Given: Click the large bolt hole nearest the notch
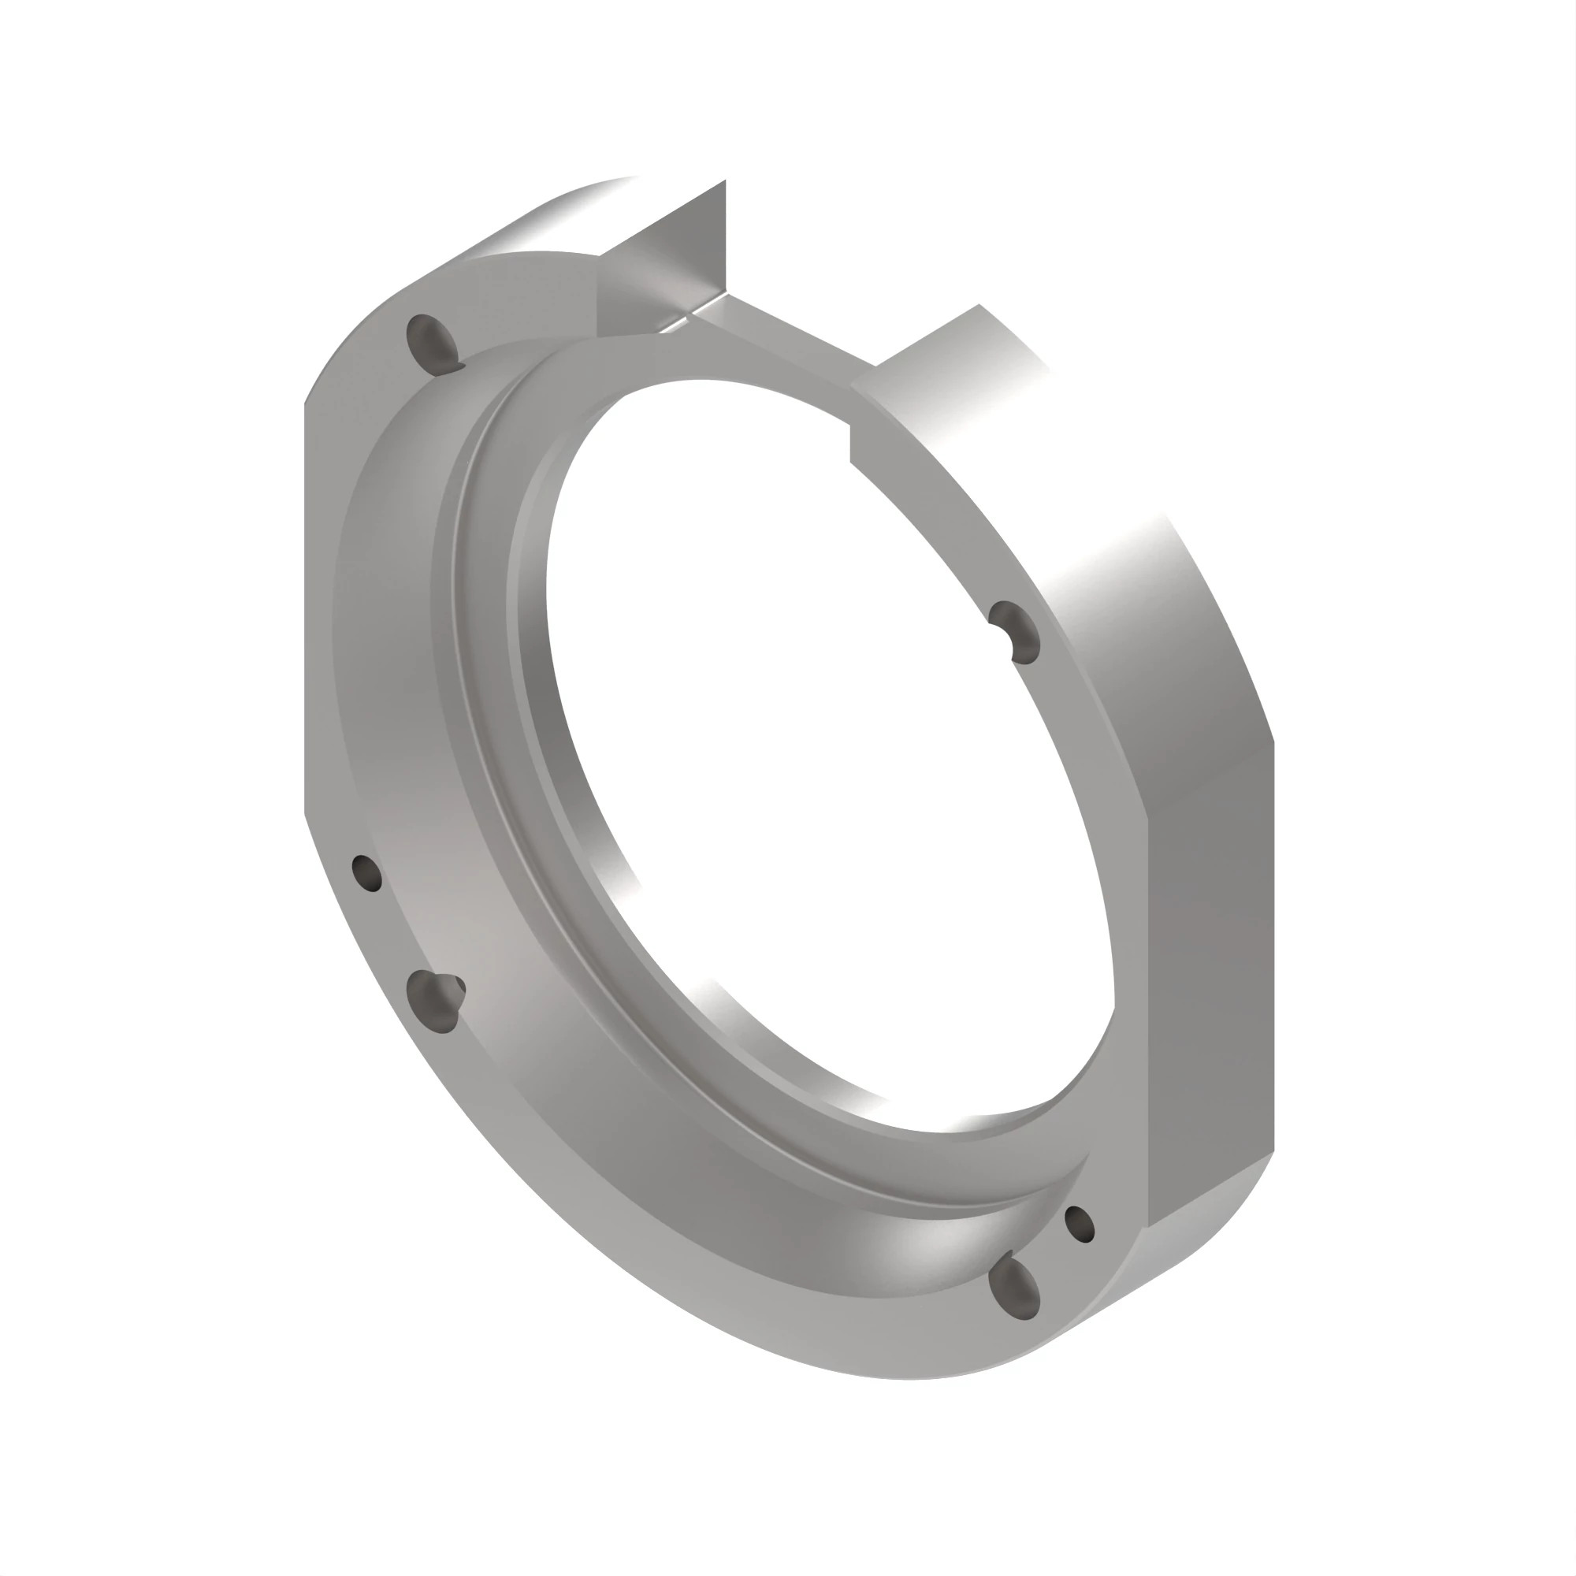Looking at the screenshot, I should click(433, 340).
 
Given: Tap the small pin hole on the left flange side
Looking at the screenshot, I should click(366, 873).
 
